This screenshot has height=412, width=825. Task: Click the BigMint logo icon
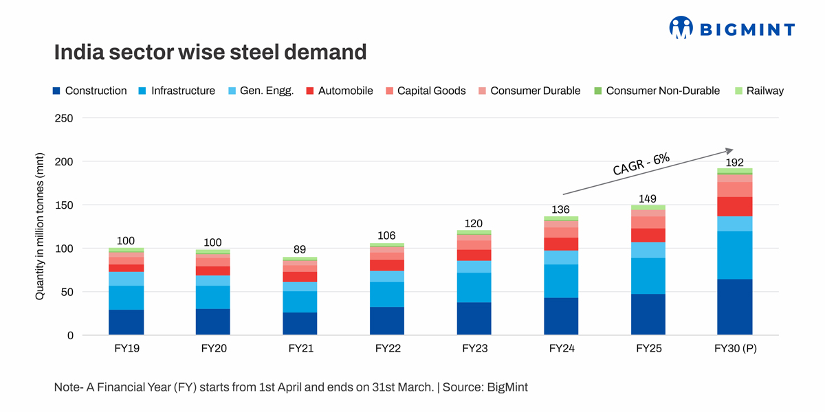[x=681, y=27]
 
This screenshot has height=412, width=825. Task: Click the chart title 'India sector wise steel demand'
[x=210, y=52]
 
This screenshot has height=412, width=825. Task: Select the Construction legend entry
[x=90, y=91]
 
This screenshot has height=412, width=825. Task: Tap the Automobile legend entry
[x=340, y=91]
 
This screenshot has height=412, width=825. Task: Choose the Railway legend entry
[x=758, y=91]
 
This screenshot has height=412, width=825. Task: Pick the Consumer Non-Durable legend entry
[x=657, y=91]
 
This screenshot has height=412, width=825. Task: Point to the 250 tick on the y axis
[x=63, y=118]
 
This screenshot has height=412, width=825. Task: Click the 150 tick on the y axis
[x=63, y=205]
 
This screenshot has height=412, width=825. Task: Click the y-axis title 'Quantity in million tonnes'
[x=40, y=227]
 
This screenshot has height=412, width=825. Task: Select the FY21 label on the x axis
[x=300, y=349]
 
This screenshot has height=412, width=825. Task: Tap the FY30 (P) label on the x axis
[x=734, y=349]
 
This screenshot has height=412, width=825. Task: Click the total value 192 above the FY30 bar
[x=734, y=161]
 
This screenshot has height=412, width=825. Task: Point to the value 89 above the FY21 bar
[x=300, y=250]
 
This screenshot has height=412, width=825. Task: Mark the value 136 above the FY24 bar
[x=560, y=209]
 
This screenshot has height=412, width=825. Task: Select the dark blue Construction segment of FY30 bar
[x=734, y=307]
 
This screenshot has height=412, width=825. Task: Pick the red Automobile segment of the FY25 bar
[x=648, y=235]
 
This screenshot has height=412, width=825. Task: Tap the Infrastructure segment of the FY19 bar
[x=126, y=297]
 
